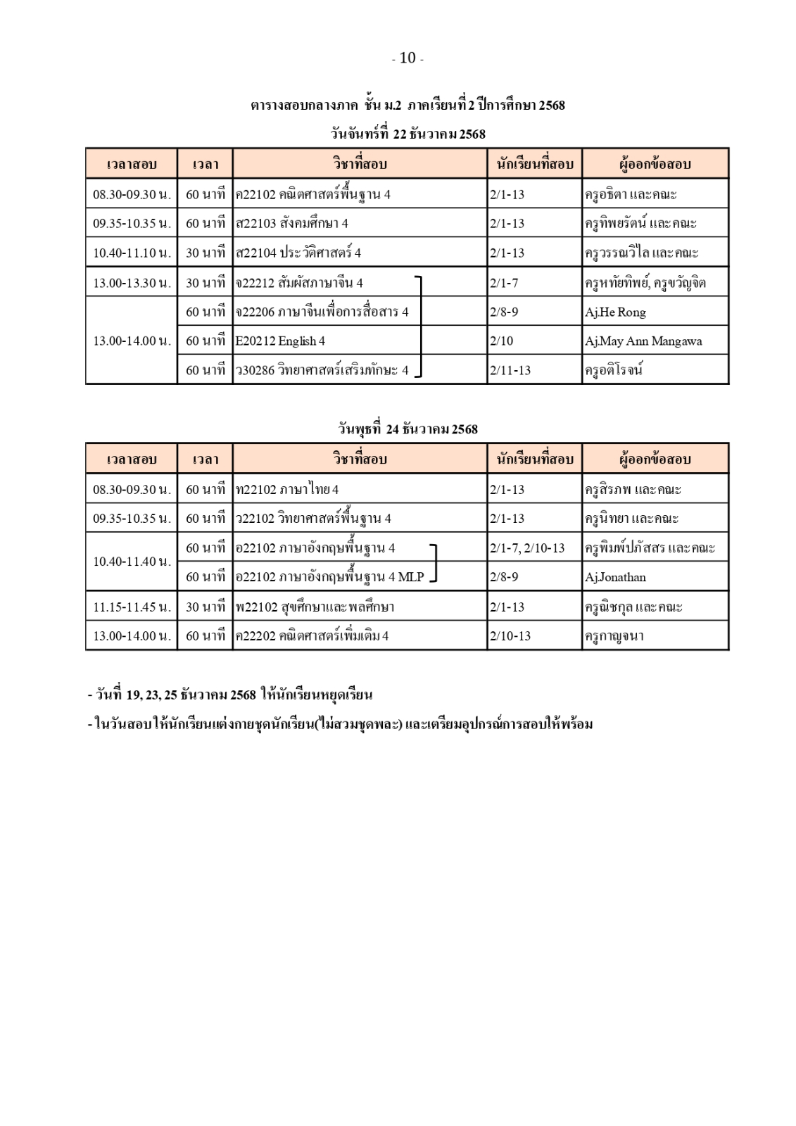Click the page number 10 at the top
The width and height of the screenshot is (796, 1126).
pos(408,58)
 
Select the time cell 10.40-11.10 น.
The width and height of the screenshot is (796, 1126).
pos(132,253)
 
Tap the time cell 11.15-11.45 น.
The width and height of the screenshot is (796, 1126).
pos(132,607)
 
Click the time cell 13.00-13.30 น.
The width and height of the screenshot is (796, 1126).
pos(132,283)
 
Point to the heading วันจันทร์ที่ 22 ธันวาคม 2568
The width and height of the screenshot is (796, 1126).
pos(408,134)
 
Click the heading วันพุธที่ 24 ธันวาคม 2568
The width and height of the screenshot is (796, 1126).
pos(408,429)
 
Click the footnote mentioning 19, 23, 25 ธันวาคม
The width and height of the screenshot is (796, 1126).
pos(230,695)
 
